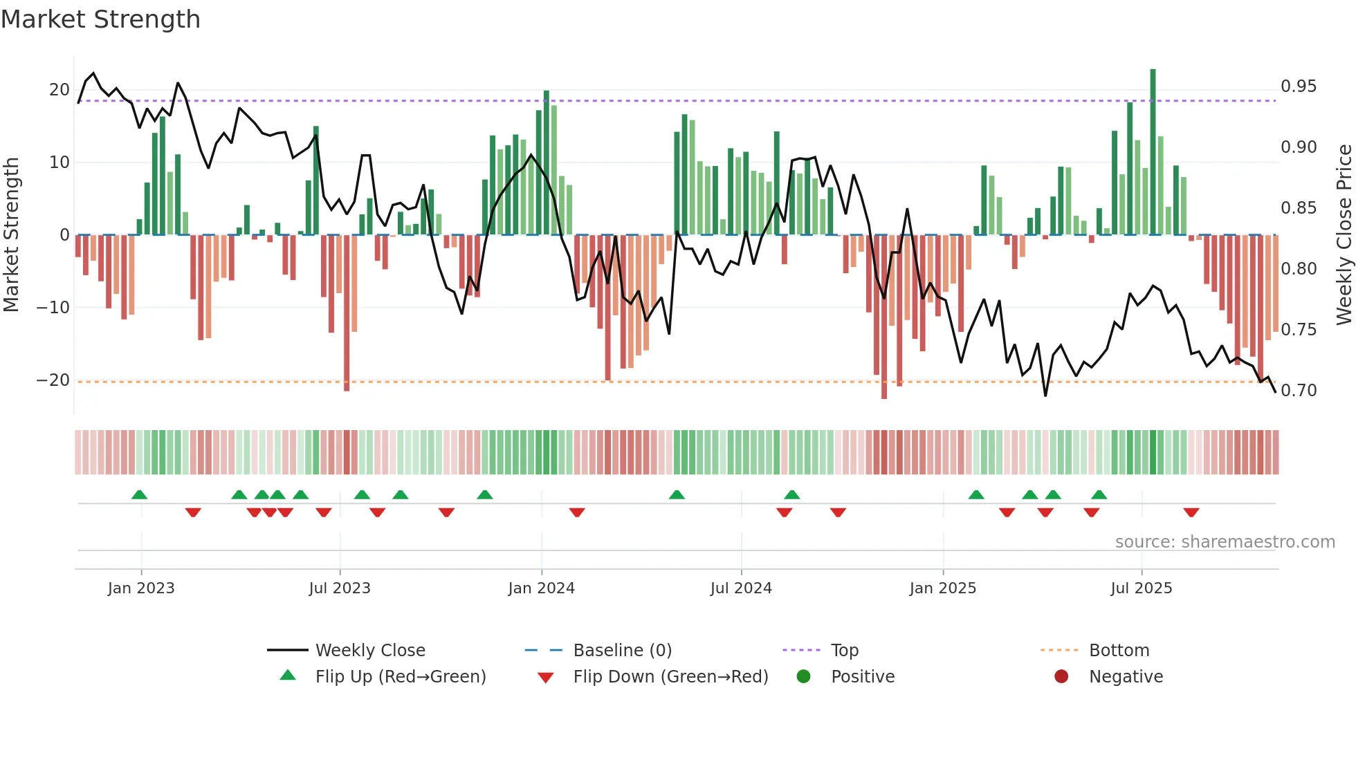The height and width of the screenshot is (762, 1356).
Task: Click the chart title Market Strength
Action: tap(100, 19)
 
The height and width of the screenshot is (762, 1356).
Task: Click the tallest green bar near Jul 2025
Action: tap(1153, 152)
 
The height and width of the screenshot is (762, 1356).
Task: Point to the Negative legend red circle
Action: tap(1061, 676)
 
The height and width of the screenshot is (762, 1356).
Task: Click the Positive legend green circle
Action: tap(803, 676)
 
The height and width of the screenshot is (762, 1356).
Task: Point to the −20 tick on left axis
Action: tap(54, 380)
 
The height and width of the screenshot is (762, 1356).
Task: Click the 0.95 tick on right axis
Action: tap(1299, 86)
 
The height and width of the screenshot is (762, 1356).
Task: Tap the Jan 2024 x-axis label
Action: tap(541, 588)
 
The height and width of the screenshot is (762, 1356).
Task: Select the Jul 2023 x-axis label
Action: tap(340, 588)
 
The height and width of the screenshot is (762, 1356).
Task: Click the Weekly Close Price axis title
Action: tap(1344, 235)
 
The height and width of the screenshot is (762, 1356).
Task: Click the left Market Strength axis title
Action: tap(11, 235)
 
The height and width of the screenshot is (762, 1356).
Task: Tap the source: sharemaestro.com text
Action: tap(1225, 542)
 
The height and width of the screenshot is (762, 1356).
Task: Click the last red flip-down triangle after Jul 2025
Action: tap(1191, 512)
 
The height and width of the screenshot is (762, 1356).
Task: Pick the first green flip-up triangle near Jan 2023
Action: tap(139, 494)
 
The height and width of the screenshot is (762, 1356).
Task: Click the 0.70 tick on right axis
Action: tap(1299, 391)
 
